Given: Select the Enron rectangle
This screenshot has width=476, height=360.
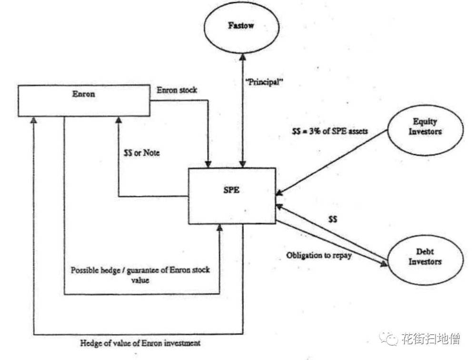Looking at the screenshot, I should tap(86, 100).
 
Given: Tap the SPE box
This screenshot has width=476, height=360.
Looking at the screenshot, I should tap(231, 195).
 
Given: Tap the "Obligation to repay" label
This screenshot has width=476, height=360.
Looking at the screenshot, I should tap(319, 255).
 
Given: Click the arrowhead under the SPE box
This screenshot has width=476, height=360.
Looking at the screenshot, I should tap(219, 228).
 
